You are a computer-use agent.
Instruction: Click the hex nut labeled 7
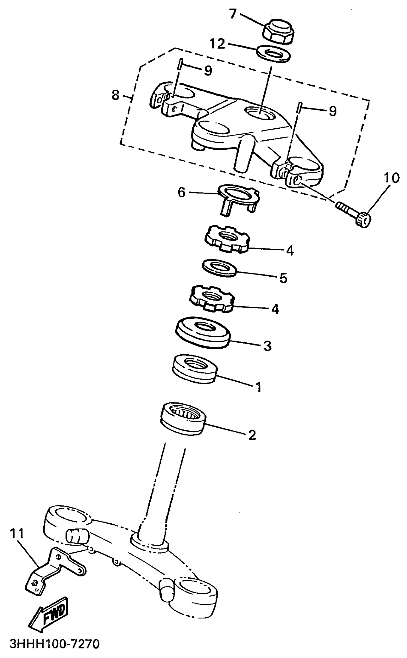click(x=278, y=32)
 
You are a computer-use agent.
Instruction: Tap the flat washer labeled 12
click(x=273, y=54)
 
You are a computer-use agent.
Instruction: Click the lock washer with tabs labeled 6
click(x=238, y=197)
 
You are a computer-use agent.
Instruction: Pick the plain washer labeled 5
click(x=219, y=268)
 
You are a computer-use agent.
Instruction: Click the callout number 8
click(x=115, y=95)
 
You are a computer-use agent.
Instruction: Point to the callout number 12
click(x=217, y=44)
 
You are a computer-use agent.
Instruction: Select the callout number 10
click(x=391, y=178)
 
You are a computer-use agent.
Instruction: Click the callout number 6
click(x=181, y=192)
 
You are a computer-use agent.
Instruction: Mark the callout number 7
click(x=232, y=13)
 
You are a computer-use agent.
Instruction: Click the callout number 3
click(x=267, y=346)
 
